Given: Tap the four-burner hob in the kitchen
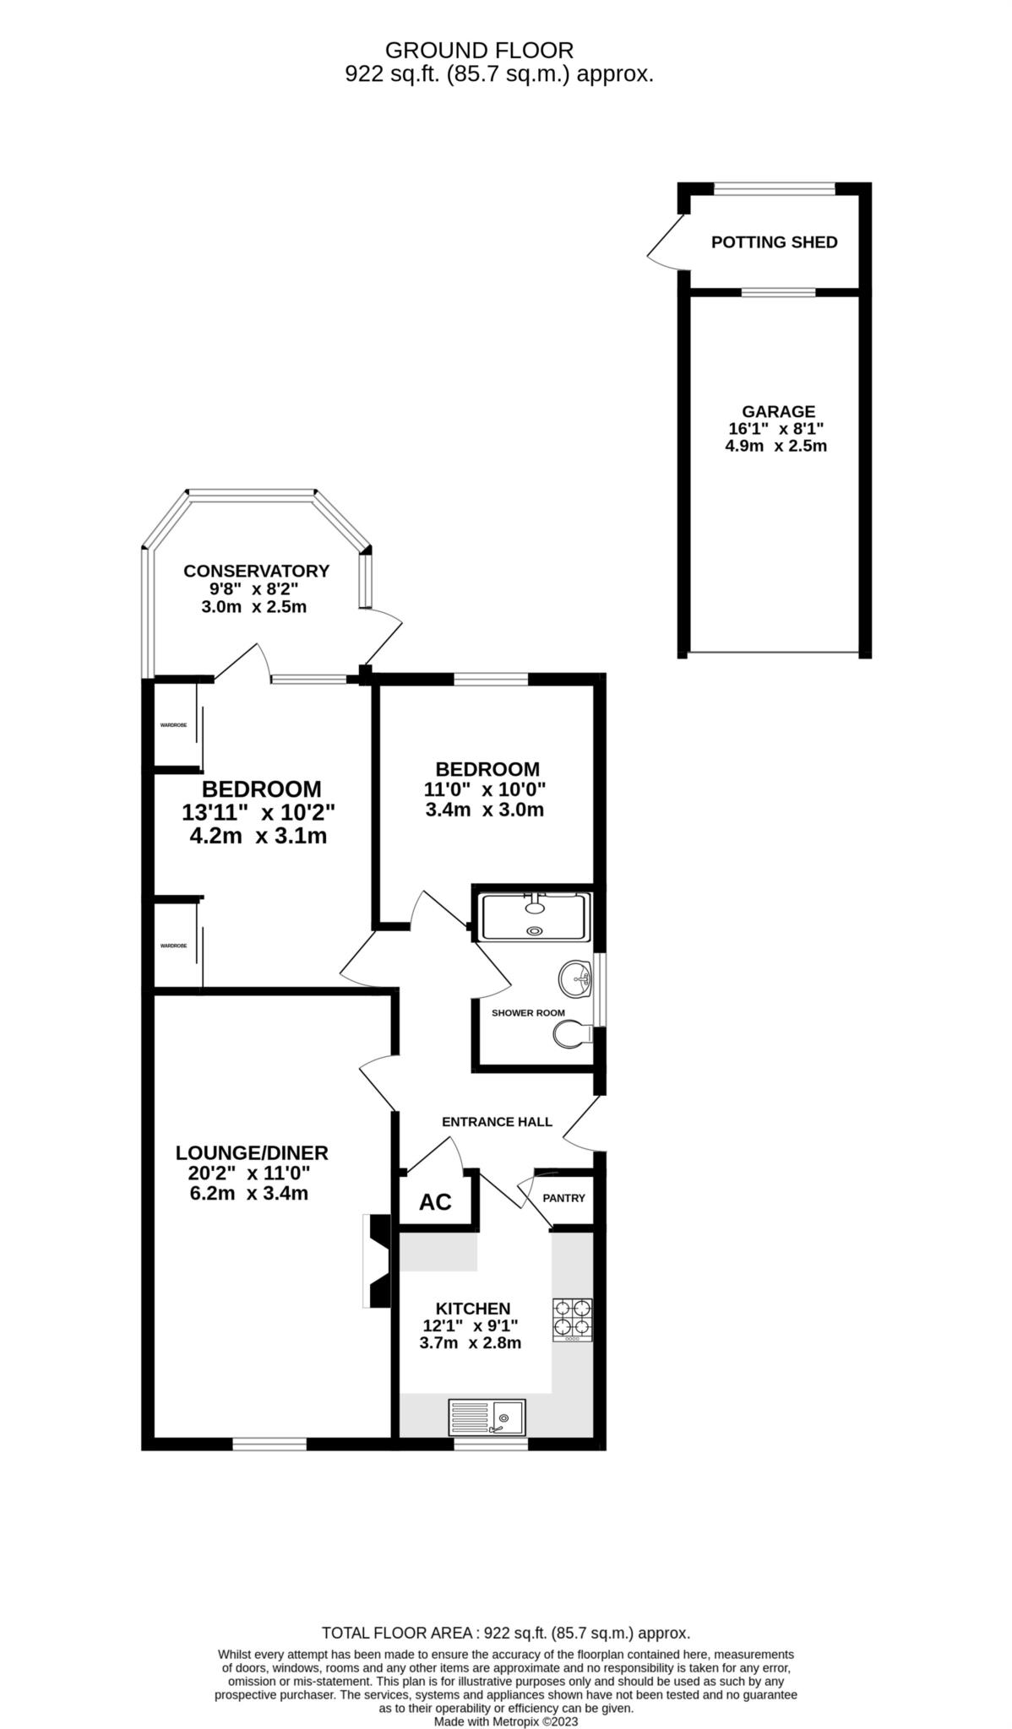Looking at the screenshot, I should point(573,1320).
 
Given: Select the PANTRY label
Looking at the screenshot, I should point(563,1198).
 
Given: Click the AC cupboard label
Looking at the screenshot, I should point(435,1202).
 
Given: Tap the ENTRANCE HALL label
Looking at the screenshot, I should point(497,1122).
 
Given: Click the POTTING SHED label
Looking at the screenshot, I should point(774,242).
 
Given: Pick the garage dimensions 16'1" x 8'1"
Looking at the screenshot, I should point(777,429).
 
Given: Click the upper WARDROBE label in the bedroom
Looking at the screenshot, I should point(174,725).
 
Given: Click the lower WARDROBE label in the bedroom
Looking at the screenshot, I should point(174,946).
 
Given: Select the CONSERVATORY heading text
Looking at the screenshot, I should point(256,571).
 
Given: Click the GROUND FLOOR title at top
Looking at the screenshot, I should point(479,51).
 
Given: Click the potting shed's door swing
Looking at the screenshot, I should point(667,243).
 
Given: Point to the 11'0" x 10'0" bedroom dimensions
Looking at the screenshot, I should point(485,790).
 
